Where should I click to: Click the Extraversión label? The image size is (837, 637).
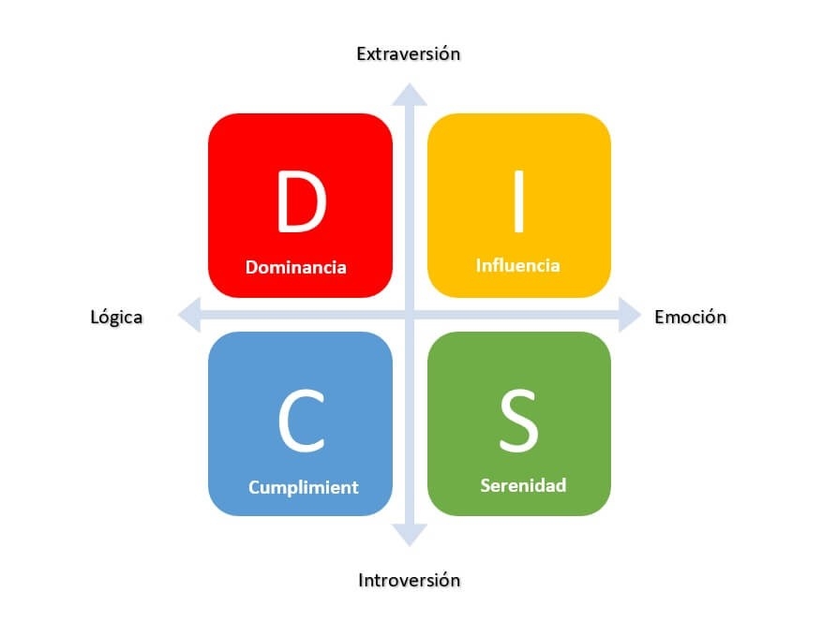[409, 54]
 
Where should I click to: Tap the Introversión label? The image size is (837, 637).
[410, 580]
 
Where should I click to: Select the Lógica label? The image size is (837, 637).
[116, 318]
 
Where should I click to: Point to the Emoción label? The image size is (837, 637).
[690, 317]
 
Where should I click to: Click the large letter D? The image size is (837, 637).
[301, 201]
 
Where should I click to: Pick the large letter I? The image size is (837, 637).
[518, 201]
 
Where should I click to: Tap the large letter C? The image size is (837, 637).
[302, 421]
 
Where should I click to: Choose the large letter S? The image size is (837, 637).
[518, 421]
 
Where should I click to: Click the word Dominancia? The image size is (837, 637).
[296, 267]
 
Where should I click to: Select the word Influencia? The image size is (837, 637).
[517, 265]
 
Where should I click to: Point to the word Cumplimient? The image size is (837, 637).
[303, 487]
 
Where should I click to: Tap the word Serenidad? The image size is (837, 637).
[523, 485]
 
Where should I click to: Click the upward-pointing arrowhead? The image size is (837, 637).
[410, 95]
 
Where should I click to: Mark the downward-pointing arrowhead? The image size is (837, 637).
[410, 535]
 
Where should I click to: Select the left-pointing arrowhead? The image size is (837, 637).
[189, 315]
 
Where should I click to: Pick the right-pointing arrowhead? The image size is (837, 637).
[630, 315]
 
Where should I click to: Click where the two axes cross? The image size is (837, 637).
[410, 315]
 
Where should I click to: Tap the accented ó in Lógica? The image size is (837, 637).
[105, 317]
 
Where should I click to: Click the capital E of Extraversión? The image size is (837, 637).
[362, 54]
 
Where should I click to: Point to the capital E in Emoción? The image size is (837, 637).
[660, 317]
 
